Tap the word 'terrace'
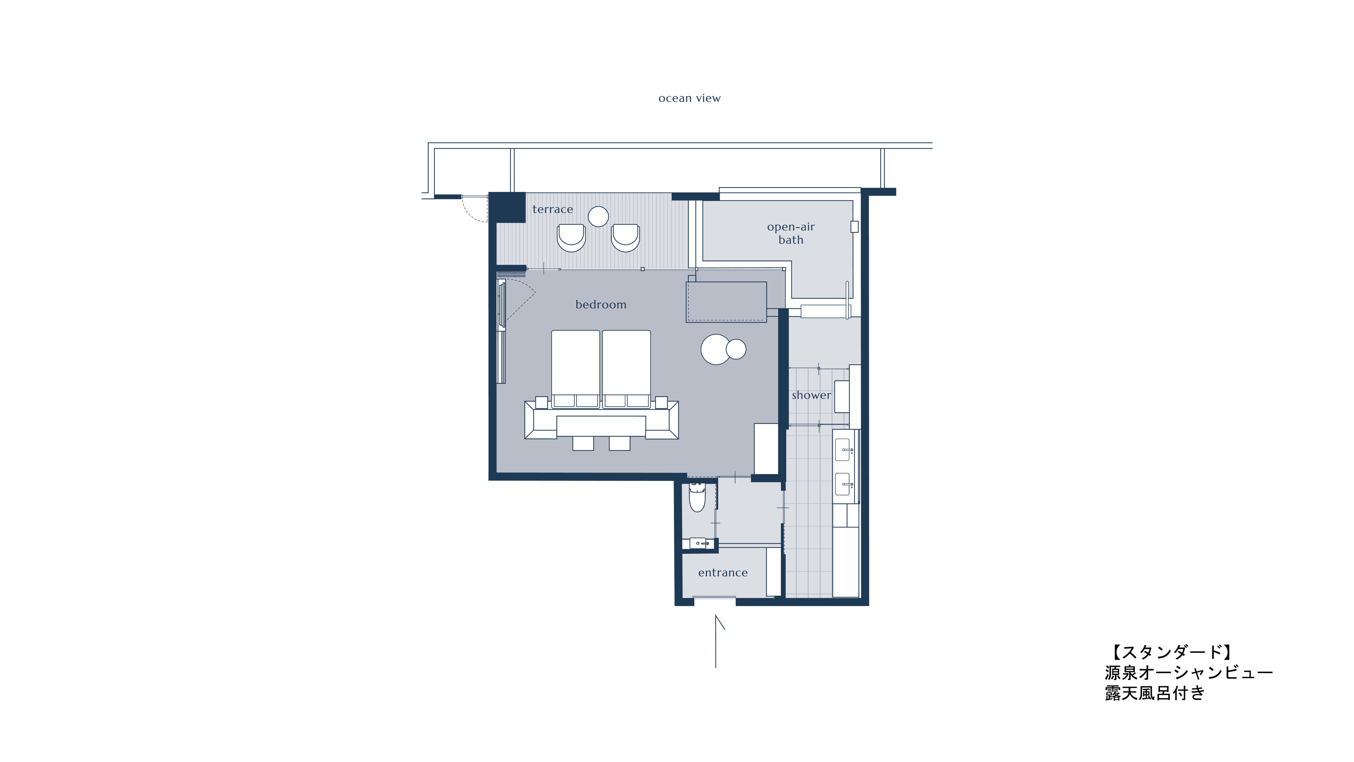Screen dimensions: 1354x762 pos(552,209)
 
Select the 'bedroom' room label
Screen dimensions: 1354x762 pos(601,305)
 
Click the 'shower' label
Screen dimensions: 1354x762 pos(811,395)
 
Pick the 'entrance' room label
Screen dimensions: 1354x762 pos(723,573)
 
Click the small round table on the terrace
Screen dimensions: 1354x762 pos(598,216)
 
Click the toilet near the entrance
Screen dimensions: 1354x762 pos(697,497)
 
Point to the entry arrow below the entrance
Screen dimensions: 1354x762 pos(716,642)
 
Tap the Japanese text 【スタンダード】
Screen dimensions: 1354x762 pos(1171,653)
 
